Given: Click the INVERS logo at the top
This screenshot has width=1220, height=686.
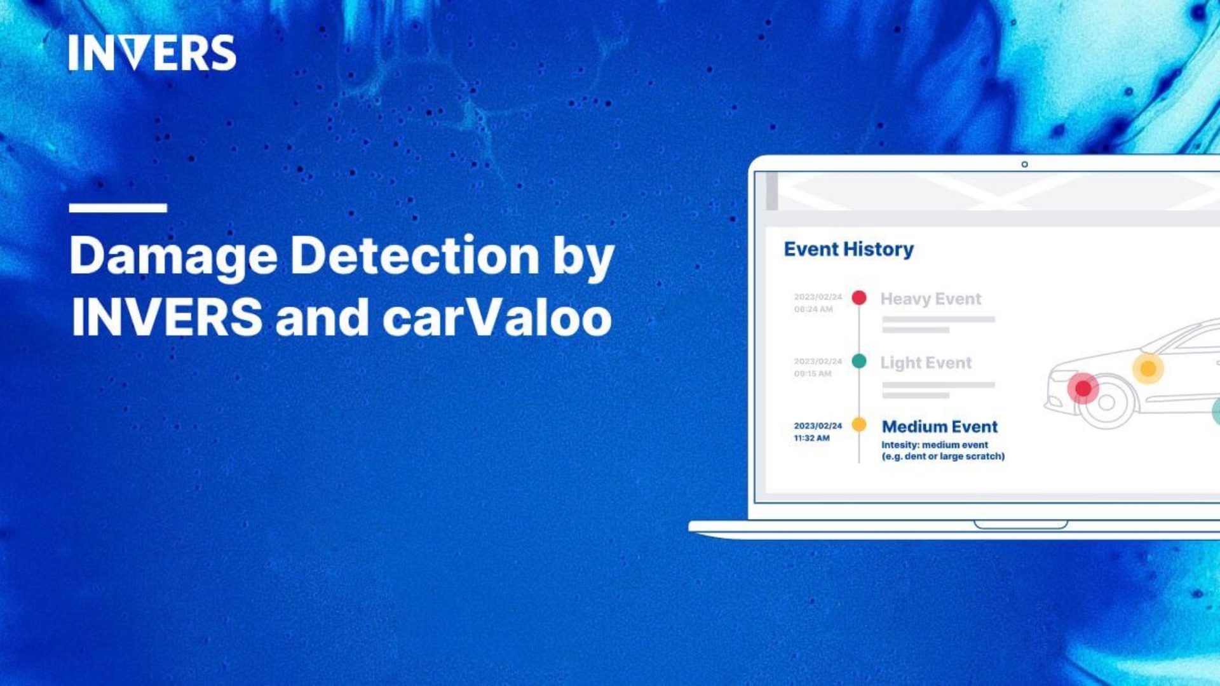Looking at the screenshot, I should (x=152, y=53).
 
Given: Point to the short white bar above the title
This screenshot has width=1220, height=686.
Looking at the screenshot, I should (x=118, y=208).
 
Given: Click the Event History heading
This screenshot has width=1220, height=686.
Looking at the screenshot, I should (x=848, y=249).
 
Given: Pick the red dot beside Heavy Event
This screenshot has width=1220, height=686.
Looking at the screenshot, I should (x=859, y=297).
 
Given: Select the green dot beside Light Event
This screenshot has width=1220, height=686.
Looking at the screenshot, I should (x=859, y=361).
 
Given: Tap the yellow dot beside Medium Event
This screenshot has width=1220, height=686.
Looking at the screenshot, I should (x=859, y=425).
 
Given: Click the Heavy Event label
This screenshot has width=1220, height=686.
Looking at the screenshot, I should (x=930, y=299).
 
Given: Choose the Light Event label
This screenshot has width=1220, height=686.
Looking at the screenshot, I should (x=926, y=363).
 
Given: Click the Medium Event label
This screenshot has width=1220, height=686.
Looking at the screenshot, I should (x=940, y=427).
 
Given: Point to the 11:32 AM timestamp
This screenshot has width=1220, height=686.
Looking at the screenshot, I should (x=811, y=438).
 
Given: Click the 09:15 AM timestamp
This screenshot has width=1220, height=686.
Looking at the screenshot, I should (x=813, y=374).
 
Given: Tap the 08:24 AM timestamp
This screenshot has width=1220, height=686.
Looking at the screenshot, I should (x=813, y=309).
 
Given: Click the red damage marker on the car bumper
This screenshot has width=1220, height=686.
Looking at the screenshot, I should (x=1083, y=388).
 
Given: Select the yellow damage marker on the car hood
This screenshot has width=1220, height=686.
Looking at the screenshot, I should (x=1148, y=368).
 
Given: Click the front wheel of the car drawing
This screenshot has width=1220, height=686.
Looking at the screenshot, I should (x=1107, y=403).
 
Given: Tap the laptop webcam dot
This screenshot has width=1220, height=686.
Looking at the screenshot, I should (x=1024, y=165).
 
